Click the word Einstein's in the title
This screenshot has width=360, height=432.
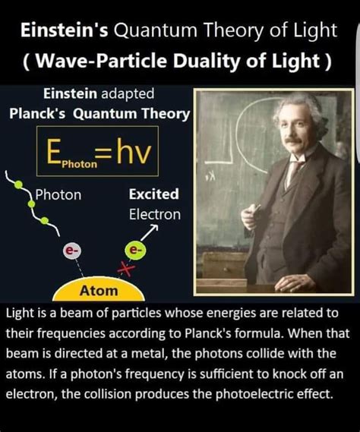(x=65, y=30)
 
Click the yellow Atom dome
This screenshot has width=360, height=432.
(x=99, y=289)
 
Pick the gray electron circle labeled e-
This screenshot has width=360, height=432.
(x=72, y=251)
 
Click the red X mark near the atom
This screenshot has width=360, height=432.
(x=126, y=268)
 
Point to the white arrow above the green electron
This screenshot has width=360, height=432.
(x=150, y=232)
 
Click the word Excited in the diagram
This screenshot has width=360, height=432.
(x=154, y=194)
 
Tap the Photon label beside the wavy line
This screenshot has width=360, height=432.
(x=58, y=195)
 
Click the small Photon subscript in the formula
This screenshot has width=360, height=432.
(x=80, y=164)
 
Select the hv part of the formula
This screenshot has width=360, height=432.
(x=134, y=151)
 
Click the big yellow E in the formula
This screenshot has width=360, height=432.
(x=54, y=151)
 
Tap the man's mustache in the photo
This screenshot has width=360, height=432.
(x=293, y=140)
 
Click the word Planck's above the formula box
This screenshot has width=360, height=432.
(x=37, y=113)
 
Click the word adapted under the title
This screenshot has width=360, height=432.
(x=128, y=94)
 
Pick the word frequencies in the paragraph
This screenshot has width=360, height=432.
(x=71, y=334)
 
